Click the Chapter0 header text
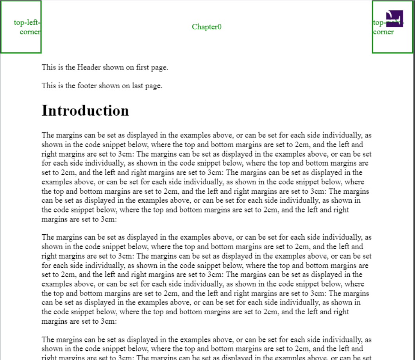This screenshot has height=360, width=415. point(207,27)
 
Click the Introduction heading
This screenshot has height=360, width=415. point(85,110)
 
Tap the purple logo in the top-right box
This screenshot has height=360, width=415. point(394,18)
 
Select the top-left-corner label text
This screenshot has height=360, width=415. point(27,27)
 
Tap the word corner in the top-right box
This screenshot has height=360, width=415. point(383,32)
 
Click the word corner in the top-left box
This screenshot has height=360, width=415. point(30,32)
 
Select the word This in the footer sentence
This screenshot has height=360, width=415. point(49,86)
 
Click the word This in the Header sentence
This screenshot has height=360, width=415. point(49,67)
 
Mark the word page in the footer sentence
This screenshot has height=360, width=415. point(154,86)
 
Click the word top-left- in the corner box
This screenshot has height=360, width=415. point(27,23)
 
